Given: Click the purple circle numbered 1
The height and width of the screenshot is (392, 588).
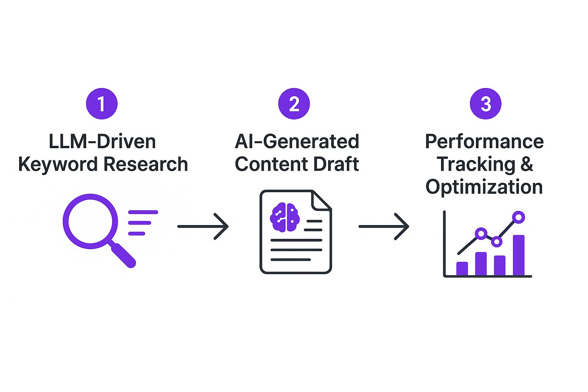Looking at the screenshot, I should [101, 104].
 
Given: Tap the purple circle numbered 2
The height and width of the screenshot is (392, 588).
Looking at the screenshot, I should [294, 104].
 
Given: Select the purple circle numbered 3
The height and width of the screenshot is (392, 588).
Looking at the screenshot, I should [485, 104].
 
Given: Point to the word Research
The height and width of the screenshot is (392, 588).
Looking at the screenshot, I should [146, 164].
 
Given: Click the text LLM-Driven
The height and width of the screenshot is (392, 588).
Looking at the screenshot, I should [102, 142].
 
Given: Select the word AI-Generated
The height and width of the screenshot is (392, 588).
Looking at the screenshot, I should [297, 142].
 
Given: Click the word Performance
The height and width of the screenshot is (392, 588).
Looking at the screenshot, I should [484, 142].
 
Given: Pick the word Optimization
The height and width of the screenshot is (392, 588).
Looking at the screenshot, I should [484, 187].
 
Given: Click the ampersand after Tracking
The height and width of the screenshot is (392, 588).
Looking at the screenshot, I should [527, 164].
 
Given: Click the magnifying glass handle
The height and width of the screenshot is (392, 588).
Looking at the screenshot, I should [123, 255].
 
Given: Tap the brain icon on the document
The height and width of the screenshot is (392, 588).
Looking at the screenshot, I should [285, 217].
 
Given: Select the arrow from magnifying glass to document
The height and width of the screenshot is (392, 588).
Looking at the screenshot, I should [203, 226].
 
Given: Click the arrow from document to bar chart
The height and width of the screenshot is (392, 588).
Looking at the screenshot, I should [384, 226].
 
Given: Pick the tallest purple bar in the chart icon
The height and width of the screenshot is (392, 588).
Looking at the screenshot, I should [519, 255].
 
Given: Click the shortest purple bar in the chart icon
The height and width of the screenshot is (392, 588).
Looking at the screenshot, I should [462, 268].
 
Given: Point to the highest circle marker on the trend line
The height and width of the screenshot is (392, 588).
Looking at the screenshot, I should [518, 217].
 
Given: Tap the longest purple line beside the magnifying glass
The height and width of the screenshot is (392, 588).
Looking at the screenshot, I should [143, 212].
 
